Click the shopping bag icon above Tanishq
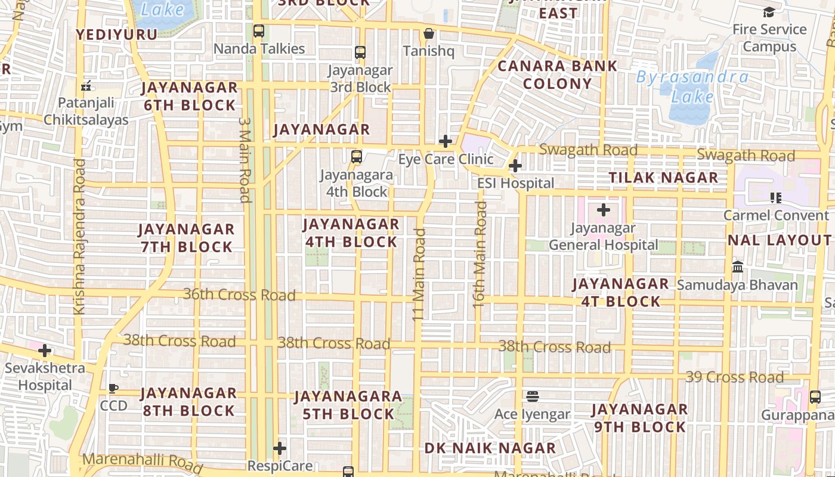click(x=428, y=33)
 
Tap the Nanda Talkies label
click(x=259, y=49)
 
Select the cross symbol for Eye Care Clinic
click(x=446, y=141)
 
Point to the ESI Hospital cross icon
click(x=515, y=166)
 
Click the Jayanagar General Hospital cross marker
click(x=604, y=210)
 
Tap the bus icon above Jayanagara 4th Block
click(x=357, y=157)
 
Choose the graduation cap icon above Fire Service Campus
click(x=769, y=12)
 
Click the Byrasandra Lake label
click(x=692, y=86)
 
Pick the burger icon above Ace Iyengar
click(x=533, y=397)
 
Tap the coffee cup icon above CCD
click(x=113, y=389)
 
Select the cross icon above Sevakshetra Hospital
click(x=45, y=351)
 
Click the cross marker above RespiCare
click(x=280, y=448)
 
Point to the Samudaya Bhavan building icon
click(x=738, y=267)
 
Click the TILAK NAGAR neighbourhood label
click(x=663, y=178)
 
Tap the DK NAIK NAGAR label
click(x=490, y=448)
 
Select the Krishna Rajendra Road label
click(x=79, y=236)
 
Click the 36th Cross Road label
click(x=239, y=295)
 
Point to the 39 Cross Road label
click(x=734, y=377)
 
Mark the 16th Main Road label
click(x=480, y=255)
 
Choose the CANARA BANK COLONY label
click(x=557, y=75)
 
